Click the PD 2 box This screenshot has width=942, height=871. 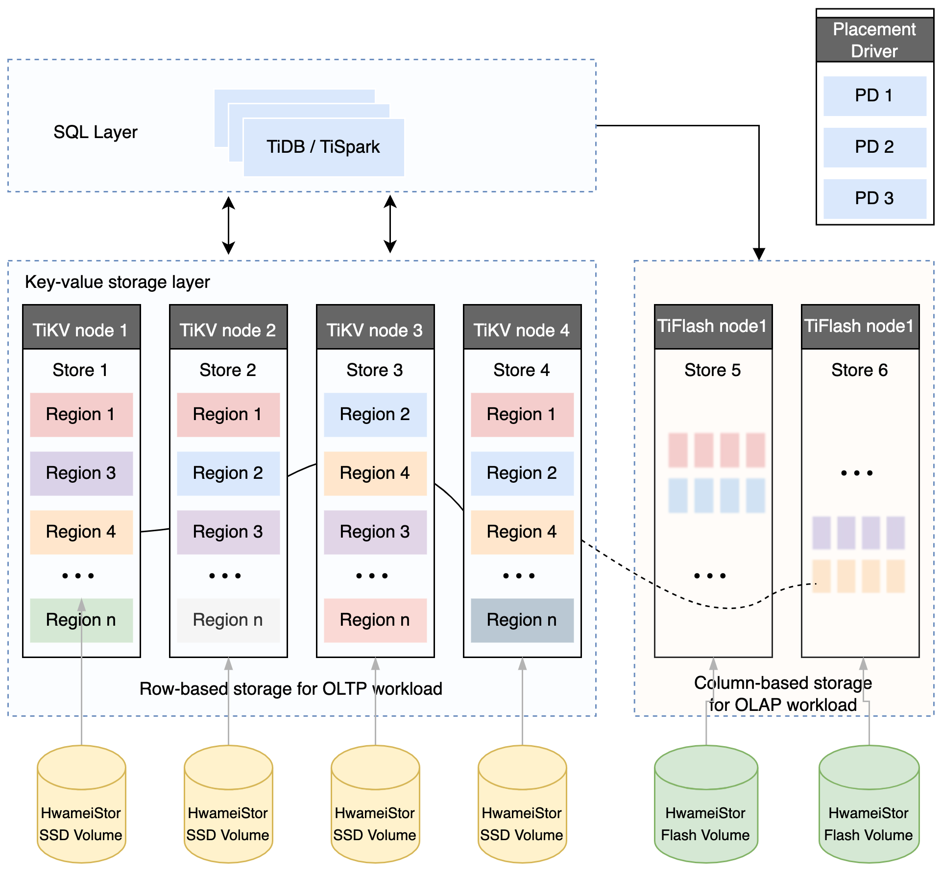click(874, 147)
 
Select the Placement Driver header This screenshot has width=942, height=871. click(874, 40)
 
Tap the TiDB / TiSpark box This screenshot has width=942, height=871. click(323, 147)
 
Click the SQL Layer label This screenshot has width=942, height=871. click(96, 132)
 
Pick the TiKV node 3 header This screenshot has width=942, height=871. click(375, 330)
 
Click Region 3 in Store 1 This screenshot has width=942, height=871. click(81, 473)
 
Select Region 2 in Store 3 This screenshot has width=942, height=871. click(375, 414)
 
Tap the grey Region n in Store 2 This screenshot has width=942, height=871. click(228, 620)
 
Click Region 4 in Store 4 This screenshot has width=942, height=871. click(522, 532)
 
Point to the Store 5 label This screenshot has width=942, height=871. click(712, 370)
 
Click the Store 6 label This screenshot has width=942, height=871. click(859, 370)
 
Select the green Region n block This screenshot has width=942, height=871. click(81, 620)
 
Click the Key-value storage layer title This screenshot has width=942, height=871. click(118, 282)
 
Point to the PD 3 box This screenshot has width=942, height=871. click(874, 198)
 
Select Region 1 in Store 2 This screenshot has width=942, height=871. click(228, 414)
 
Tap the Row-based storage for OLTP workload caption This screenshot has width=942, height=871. click(291, 689)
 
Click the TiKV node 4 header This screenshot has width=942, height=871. click(522, 330)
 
